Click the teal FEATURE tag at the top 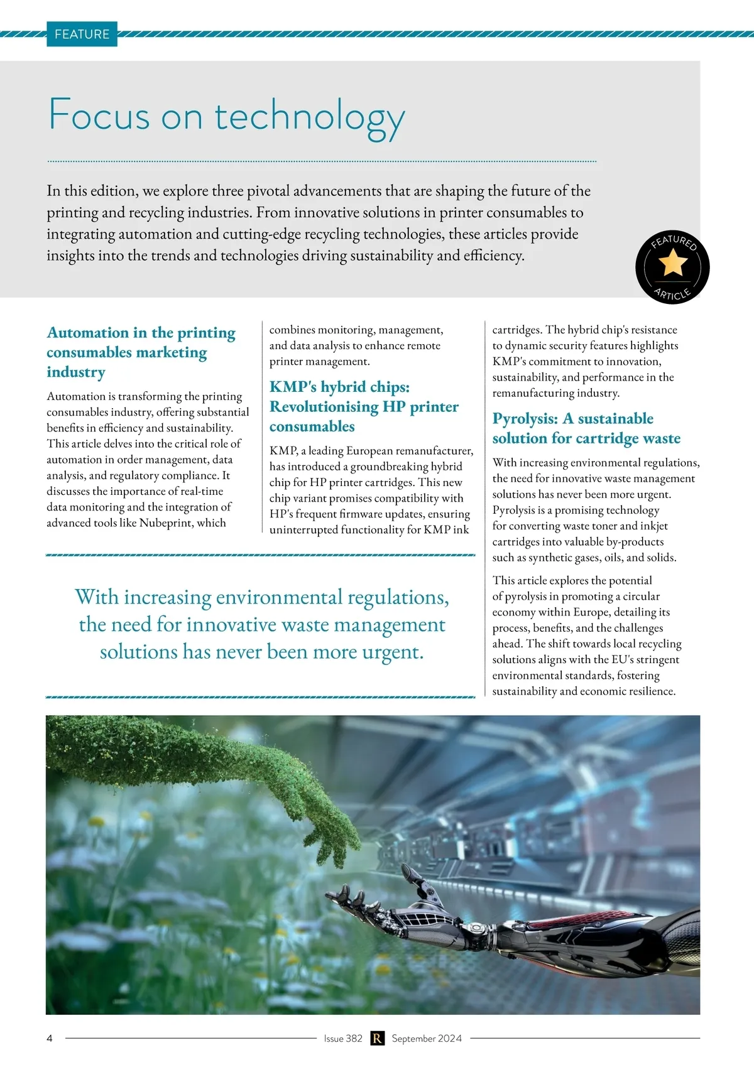coord(82,34)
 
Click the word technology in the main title coord(310,117)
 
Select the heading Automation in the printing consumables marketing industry coord(141,352)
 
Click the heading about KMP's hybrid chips coord(364,406)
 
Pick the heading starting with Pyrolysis coord(586,428)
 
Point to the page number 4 coord(50,1038)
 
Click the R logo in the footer coord(377,1038)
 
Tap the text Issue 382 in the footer coord(343,1038)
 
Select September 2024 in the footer coord(427,1038)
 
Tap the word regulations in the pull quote coord(398,597)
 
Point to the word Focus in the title coord(99,116)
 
